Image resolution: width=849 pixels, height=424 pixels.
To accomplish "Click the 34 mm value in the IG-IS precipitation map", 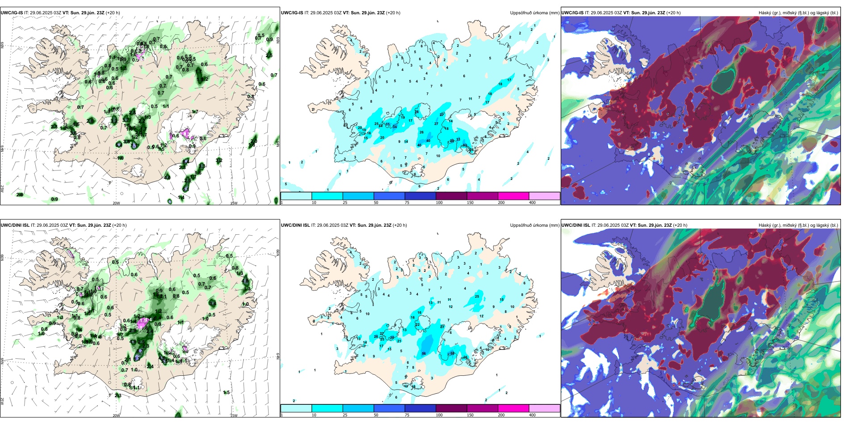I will tap(395, 127).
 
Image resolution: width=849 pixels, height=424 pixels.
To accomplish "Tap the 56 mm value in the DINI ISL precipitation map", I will tap(424, 354).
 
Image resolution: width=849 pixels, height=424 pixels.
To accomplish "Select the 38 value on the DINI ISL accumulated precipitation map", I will tap(452, 353).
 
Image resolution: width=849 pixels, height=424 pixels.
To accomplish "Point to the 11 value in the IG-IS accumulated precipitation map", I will tap(470, 99).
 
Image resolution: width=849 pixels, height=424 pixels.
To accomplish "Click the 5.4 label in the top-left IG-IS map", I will tap(118, 145).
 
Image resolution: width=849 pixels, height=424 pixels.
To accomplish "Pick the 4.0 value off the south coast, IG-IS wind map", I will tap(167, 178).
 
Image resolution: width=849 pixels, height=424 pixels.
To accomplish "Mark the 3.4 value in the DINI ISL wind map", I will tap(212, 303).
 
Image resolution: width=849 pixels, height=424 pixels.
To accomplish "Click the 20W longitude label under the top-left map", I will tap(116, 203).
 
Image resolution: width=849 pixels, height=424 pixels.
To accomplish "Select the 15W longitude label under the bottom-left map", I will tap(233, 416).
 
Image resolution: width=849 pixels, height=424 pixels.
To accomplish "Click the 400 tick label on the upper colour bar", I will tap(532, 203).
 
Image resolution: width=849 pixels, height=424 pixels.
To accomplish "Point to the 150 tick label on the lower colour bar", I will tap(470, 415).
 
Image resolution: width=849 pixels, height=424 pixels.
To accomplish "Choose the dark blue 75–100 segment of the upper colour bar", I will tap(420, 196).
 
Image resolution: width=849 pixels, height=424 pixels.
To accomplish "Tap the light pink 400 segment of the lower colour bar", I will tap(544, 408).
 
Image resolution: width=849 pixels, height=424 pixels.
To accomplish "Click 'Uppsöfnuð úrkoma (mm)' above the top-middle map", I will tap(534, 13).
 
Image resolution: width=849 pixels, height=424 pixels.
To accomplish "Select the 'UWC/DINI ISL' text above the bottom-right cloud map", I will tap(576, 225).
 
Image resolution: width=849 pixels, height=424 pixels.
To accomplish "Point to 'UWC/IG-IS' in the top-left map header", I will tap(12, 13).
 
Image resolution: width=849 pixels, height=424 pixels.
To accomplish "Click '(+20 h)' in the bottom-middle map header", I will tap(400, 225).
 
